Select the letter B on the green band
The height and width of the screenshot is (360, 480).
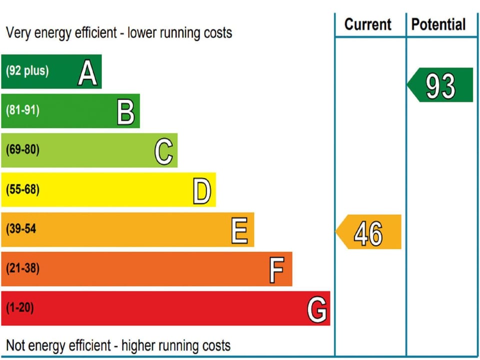pos(125,112)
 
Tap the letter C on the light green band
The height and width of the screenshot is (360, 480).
pos(164,152)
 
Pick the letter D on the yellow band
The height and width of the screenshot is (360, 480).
pos(201,191)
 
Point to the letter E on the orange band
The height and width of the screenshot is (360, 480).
pos(239,231)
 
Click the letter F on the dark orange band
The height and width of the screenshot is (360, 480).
pos(276,270)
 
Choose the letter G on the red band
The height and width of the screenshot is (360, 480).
pos(317,310)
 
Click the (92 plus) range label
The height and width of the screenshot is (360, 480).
pos(27,70)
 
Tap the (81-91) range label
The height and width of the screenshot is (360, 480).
pos(22,110)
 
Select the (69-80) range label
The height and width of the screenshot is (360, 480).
pos(22,150)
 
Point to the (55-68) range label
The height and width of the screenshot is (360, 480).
pos(22,189)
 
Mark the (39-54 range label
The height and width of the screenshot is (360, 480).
pos(21,229)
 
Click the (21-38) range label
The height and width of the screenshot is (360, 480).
pos(22,268)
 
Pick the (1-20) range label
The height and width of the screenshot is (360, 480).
pos(20,308)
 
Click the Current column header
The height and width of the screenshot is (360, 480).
pos(368,24)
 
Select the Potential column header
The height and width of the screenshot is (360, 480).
pos(438,24)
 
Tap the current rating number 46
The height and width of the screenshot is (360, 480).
pos(368,233)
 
